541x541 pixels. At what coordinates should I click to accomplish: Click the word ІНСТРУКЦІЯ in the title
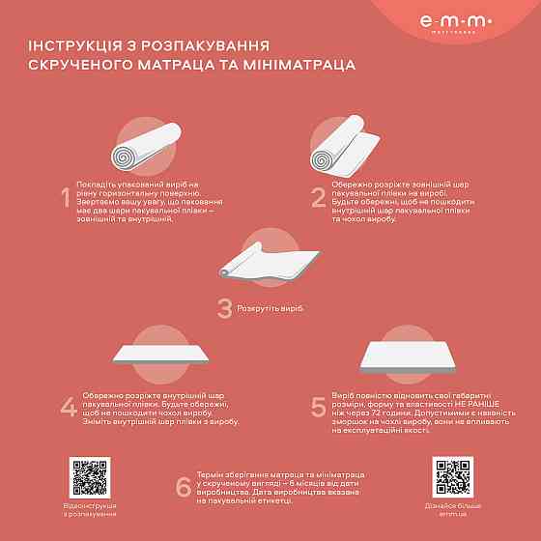[83, 45]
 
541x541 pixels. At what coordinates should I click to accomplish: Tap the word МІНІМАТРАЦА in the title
[289, 65]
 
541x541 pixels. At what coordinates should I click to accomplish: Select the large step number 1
[66, 199]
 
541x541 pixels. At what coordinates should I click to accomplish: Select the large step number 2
[318, 198]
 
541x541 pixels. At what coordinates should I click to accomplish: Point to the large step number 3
[224, 308]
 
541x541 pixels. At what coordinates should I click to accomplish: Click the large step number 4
[69, 407]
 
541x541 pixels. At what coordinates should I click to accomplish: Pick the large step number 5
[318, 407]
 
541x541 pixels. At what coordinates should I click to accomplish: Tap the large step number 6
[184, 488]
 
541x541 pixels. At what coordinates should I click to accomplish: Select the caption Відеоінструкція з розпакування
[90, 509]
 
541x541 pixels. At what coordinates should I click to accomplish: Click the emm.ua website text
[451, 513]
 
